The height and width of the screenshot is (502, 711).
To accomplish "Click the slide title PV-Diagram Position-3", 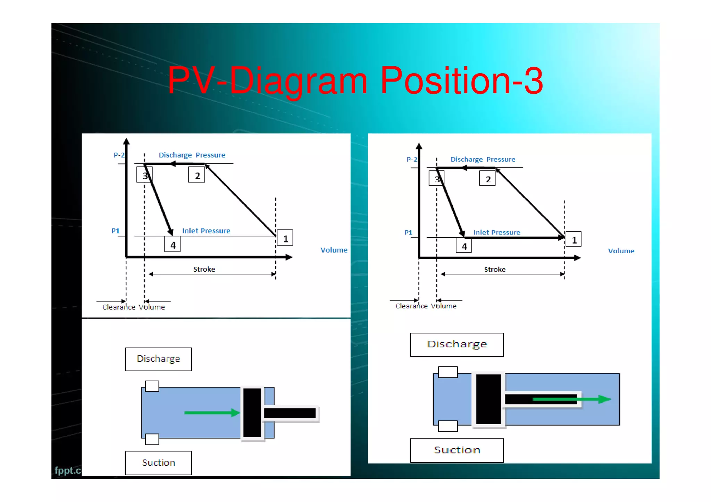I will [x=355, y=81].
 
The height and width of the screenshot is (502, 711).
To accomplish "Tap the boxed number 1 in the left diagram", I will [x=285, y=238].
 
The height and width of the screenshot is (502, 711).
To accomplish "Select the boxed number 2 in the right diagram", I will [x=487, y=179].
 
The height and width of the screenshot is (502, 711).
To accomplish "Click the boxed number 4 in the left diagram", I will [x=173, y=245].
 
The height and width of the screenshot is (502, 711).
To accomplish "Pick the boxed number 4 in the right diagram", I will [x=464, y=246].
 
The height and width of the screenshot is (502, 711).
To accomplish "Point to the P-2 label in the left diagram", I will [x=119, y=155].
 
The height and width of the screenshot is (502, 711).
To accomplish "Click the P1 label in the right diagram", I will [x=408, y=232].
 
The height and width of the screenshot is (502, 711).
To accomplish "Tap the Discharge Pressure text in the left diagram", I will [x=192, y=155].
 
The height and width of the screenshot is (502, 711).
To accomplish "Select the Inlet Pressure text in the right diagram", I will [x=496, y=232].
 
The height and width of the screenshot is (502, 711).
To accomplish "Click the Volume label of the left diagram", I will [x=334, y=250].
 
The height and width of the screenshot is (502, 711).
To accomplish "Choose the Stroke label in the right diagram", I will [x=495, y=269].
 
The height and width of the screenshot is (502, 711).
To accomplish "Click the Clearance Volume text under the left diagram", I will [x=134, y=307].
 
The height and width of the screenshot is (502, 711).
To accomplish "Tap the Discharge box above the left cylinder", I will [x=158, y=359].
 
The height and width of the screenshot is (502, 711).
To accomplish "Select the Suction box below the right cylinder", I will [x=457, y=450].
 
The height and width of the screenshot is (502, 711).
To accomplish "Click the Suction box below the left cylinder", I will [x=158, y=463].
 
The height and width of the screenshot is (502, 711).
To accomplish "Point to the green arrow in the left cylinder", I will [x=212, y=412].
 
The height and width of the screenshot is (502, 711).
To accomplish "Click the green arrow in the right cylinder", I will [x=571, y=399].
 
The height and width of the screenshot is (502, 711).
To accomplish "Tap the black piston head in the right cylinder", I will [x=488, y=399].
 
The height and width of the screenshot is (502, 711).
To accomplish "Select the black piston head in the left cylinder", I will [x=252, y=412].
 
